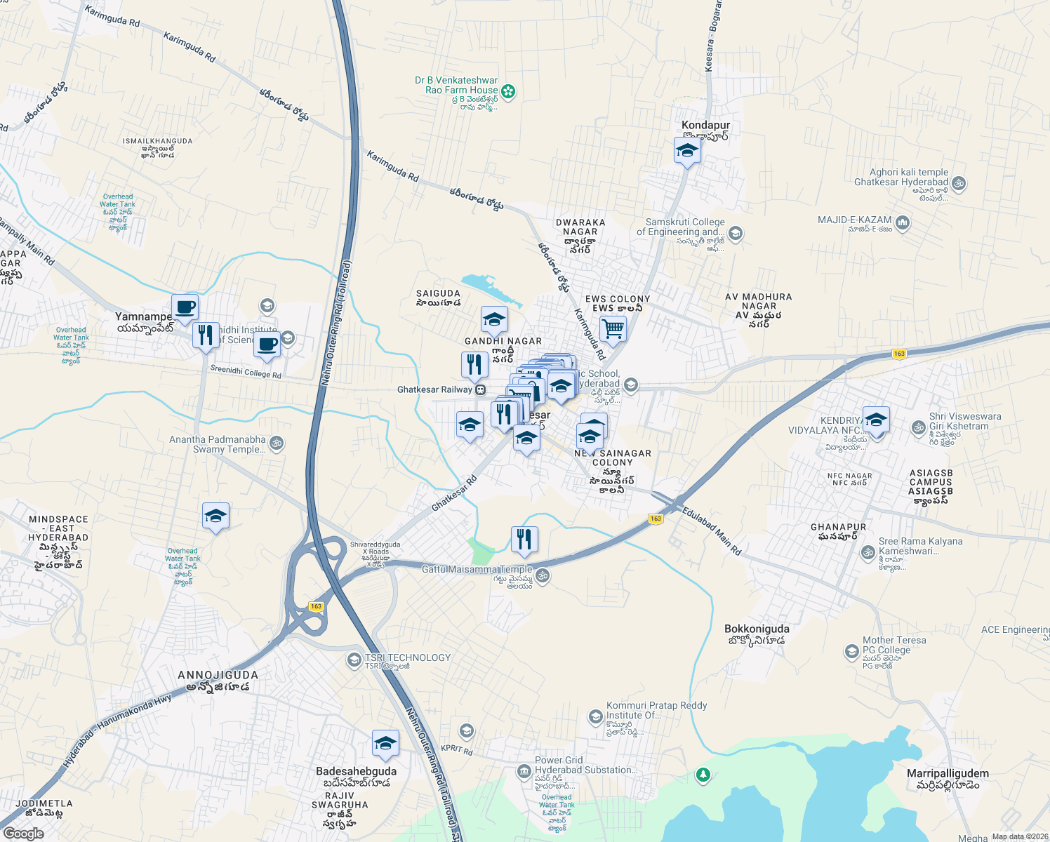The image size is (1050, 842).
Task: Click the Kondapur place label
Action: click(705, 125)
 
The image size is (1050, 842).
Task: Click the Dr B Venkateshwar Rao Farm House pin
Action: click(508, 91)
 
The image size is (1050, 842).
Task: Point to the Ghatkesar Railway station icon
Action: click(481, 389)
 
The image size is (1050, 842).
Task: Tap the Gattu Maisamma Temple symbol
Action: click(542, 576)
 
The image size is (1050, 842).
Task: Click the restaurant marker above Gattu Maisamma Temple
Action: click(524, 540)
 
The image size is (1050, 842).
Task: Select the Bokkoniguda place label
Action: click(757, 629)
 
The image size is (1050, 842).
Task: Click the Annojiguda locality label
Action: click(218, 675)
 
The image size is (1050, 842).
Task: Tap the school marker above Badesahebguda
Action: click(385, 744)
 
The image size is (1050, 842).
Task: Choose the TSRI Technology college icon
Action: click(354, 660)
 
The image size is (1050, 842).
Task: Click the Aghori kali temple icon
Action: click(959, 184)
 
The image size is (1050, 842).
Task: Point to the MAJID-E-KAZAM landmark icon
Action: click(903, 223)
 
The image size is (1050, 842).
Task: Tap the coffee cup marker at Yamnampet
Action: click(185, 307)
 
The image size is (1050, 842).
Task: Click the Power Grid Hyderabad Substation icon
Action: click(524, 772)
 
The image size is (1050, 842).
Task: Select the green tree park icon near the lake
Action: click(703, 775)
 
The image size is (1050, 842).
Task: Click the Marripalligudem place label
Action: click(947, 773)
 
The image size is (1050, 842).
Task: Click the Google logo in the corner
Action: click(23, 833)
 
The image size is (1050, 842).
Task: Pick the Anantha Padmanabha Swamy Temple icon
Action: click(277, 443)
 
